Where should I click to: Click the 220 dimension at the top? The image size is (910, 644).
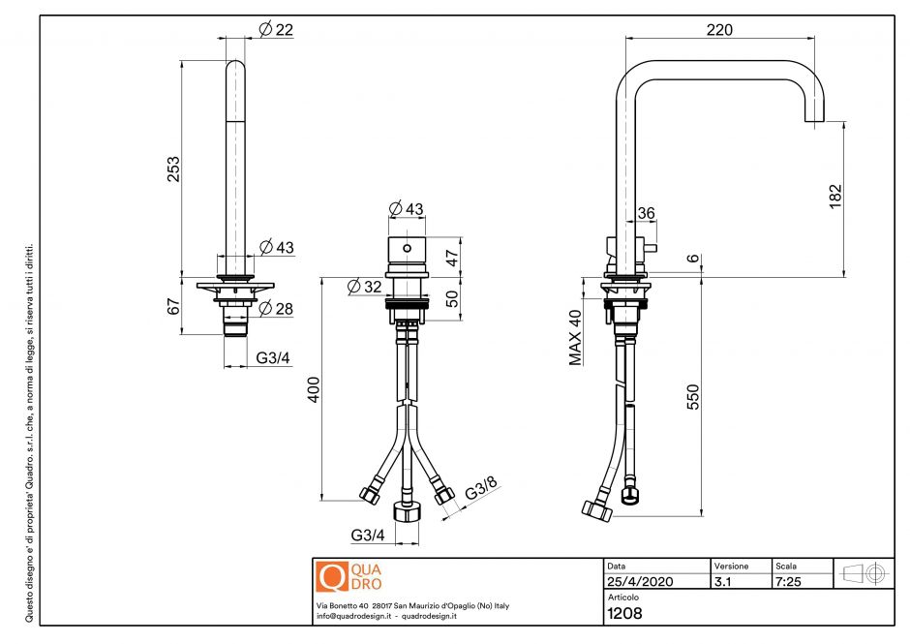pos(719,30)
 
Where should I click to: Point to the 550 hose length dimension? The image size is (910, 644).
pos(692,397)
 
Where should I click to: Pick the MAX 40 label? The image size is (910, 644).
pos(574,337)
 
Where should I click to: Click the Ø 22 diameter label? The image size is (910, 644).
pos(276,30)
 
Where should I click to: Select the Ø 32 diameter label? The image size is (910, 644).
pos(365,286)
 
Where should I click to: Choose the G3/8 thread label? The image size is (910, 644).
pos(481,491)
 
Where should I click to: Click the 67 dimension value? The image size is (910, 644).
pos(174,307)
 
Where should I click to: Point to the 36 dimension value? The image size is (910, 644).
pos(646,214)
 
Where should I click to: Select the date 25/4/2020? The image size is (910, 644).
pos(639,581)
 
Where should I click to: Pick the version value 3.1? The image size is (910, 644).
pos(722,581)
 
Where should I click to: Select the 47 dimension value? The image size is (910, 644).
pos(451,257)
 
